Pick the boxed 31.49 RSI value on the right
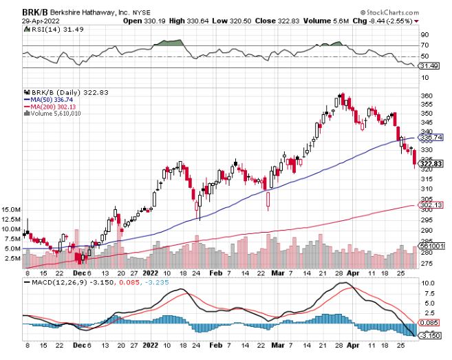click(x=429, y=66)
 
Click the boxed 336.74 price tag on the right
click(x=429, y=138)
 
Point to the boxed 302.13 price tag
click(x=429, y=205)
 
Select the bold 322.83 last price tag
click(x=429, y=163)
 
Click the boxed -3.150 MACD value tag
click(x=429, y=335)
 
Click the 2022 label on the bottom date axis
click(x=151, y=350)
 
